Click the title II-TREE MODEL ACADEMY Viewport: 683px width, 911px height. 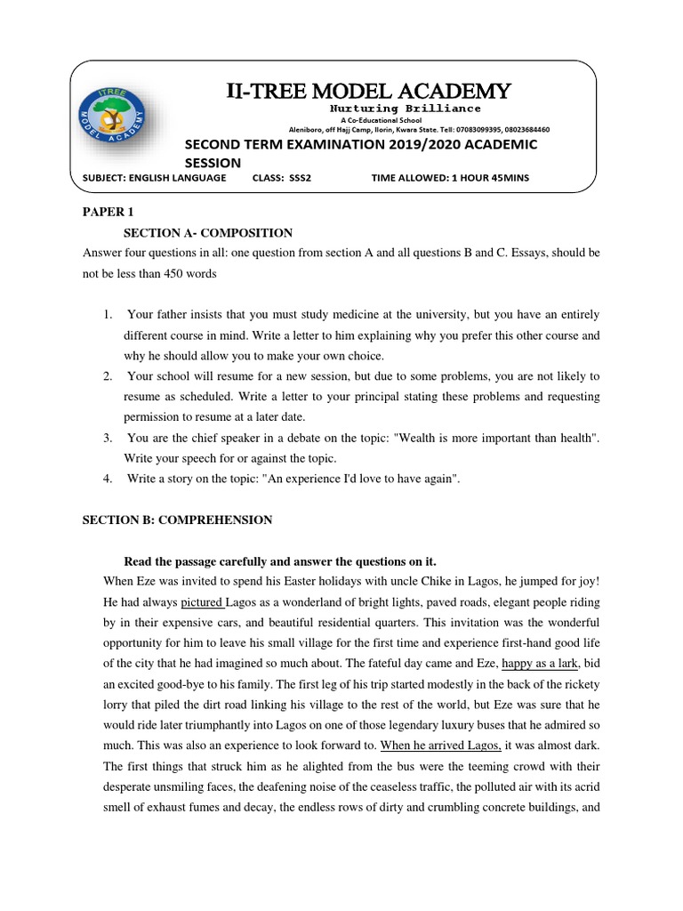click(x=369, y=91)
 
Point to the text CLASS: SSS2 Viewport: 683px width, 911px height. click(x=282, y=178)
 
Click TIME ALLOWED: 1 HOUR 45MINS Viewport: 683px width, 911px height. click(x=449, y=178)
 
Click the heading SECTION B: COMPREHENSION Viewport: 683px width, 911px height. click(x=177, y=520)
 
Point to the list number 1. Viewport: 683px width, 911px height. click(x=107, y=315)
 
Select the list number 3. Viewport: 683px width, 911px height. click(x=107, y=438)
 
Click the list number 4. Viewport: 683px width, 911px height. click(x=107, y=479)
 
